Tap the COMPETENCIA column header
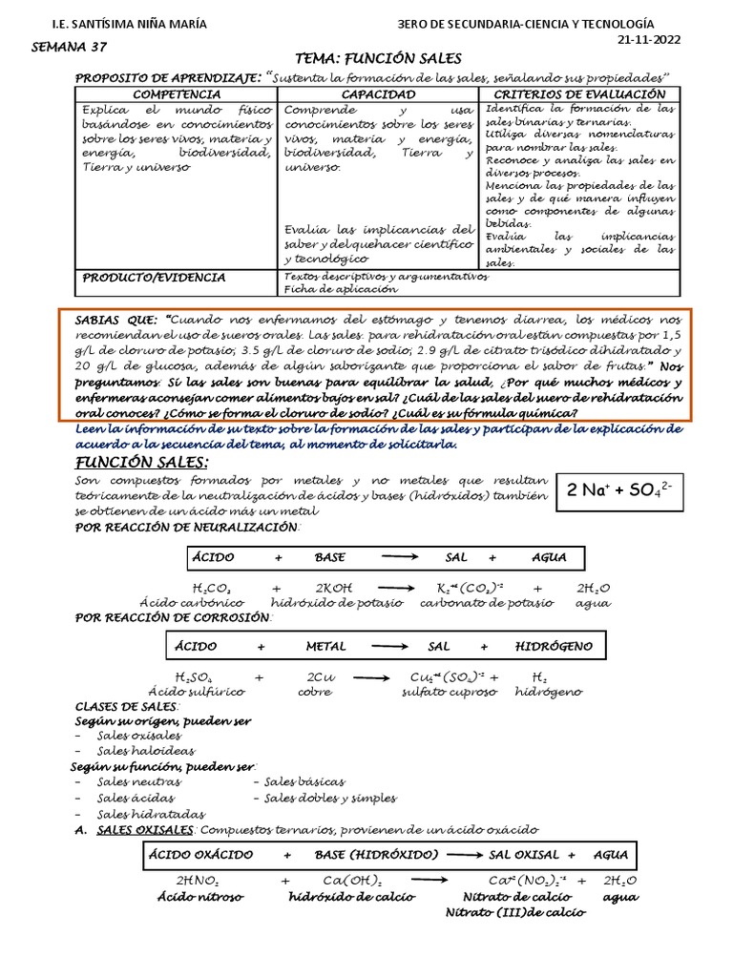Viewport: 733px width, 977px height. [176, 95]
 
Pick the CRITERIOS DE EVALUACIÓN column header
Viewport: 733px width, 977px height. [578, 95]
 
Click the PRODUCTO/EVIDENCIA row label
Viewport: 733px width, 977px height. [154, 278]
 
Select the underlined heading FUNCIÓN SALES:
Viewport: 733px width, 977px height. [141, 463]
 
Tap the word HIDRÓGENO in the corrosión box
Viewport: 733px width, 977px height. [554, 646]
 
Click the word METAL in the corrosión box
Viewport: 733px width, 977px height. [325, 646]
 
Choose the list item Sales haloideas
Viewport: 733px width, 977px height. [139, 751]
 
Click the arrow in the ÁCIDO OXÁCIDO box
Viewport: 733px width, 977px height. [463, 855]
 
